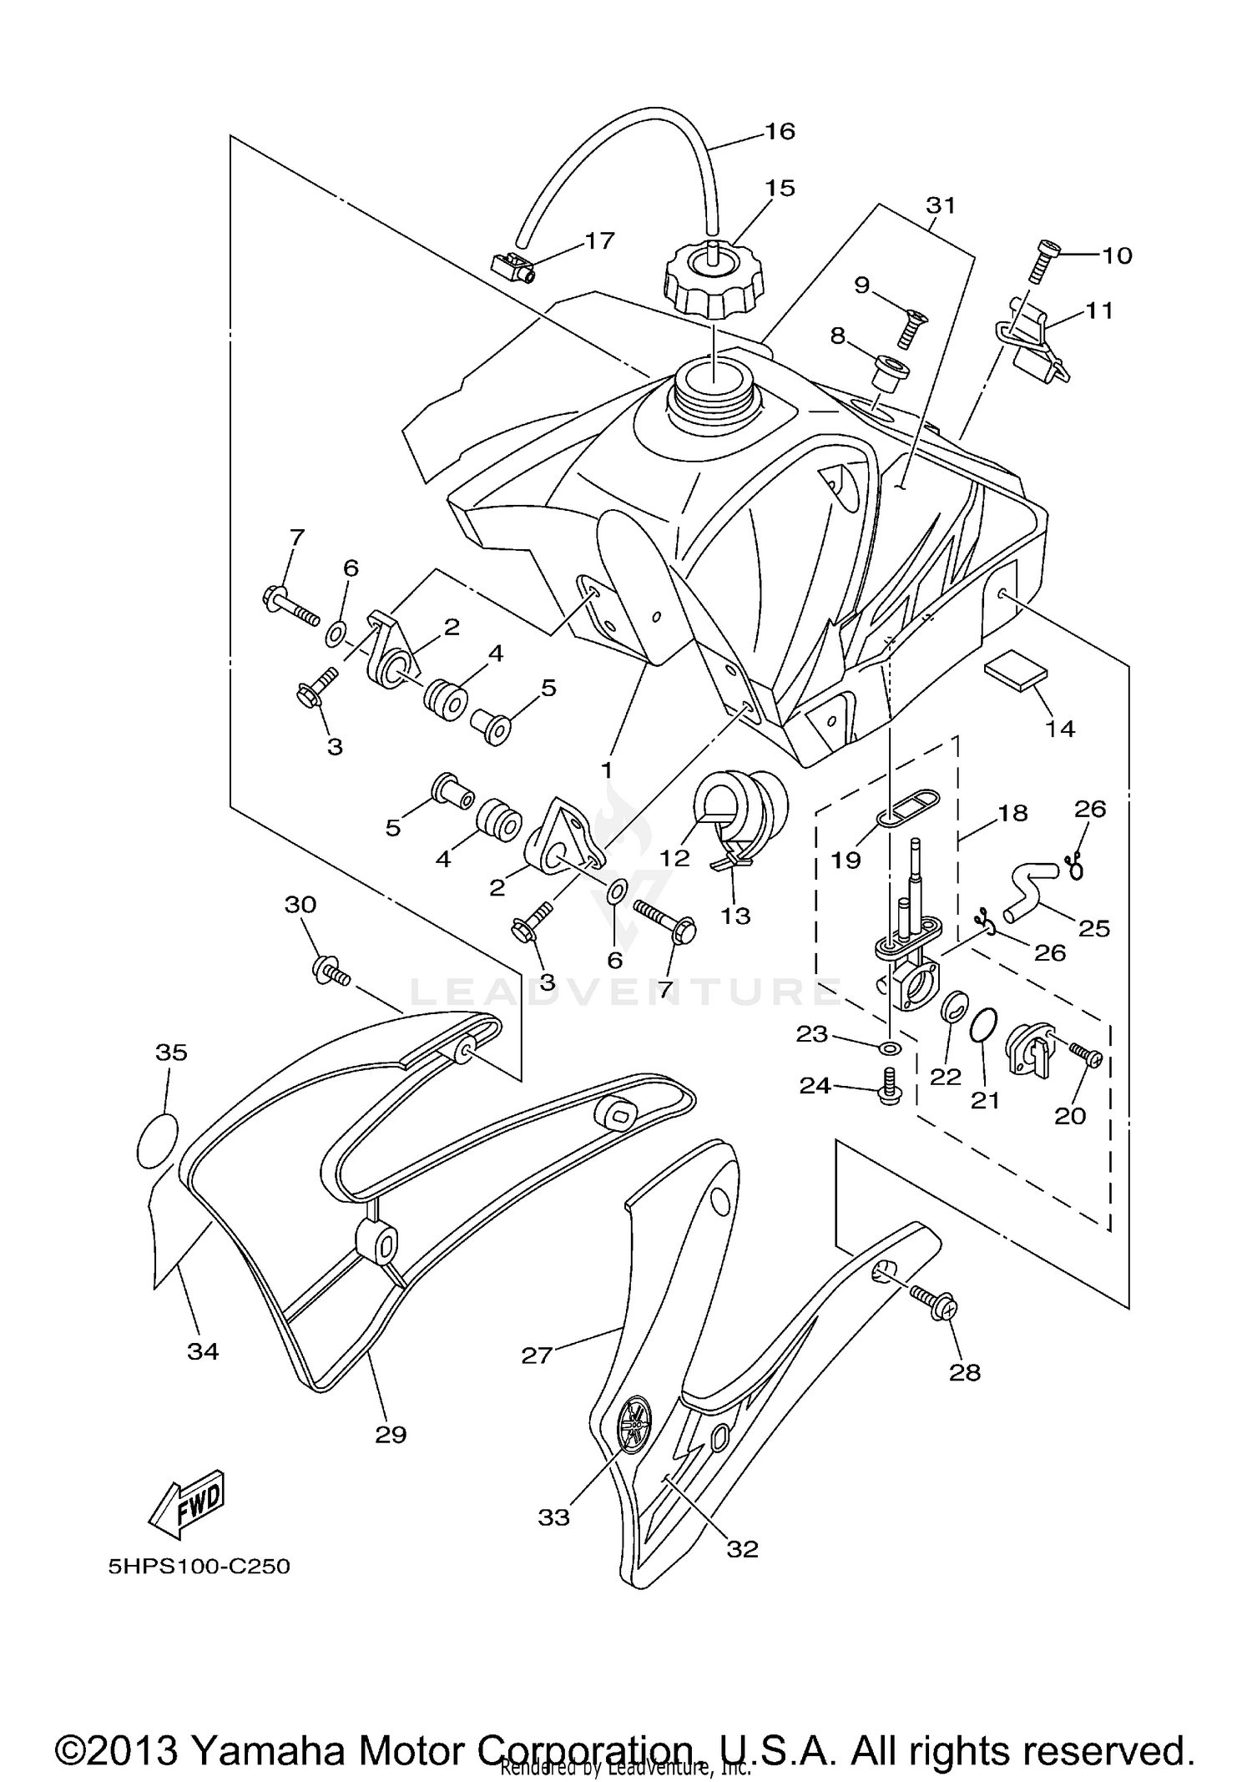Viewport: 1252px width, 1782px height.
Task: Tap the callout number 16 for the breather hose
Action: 780,131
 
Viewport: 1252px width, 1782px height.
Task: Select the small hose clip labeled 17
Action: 512,267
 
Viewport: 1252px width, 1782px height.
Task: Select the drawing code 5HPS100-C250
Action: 199,1567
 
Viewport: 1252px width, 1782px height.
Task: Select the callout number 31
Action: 941,204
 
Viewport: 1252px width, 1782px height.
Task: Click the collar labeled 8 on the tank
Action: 890,368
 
